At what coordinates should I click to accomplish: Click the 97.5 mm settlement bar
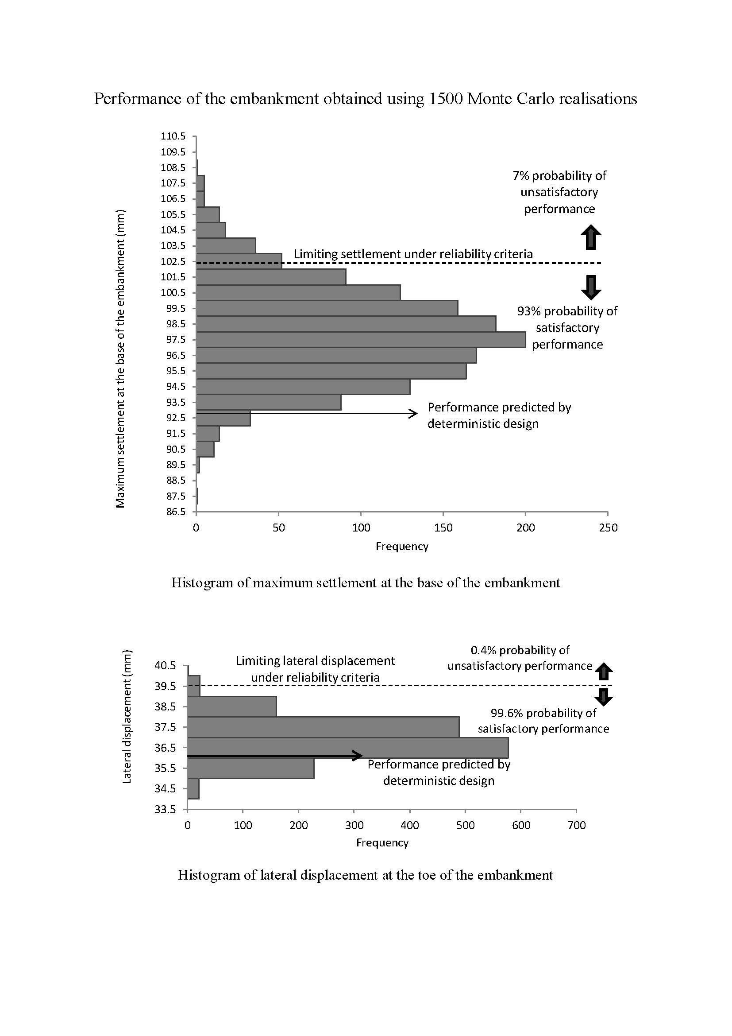[361, 340]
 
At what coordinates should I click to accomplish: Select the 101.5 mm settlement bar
[271, 277]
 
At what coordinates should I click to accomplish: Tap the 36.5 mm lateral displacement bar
[347, 748]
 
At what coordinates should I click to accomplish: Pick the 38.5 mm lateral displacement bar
[231, 706]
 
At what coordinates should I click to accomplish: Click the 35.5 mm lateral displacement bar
[250, 768]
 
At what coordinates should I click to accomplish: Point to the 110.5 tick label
[173, 136]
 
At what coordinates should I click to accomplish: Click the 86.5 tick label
[176, 512]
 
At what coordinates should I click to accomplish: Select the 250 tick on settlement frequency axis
[608, 528]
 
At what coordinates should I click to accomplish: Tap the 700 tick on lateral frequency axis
[577, 825]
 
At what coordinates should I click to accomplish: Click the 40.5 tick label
[165, 666]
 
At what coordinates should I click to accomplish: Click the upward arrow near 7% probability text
[591, 237]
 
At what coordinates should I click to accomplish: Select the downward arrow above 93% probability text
[591, 288]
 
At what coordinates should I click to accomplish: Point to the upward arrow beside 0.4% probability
[604, 671]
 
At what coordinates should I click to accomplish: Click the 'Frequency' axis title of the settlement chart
[402, 547]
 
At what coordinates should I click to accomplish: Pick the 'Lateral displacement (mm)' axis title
[127, 717]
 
